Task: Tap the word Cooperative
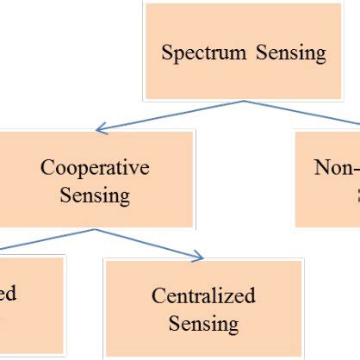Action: (x=95, y=167)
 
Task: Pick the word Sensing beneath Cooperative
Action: (x=95, y=196)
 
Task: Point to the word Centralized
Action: (x=203, y=295)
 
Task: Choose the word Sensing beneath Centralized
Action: (x=203, y=324)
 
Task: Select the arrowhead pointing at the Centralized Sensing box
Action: (x=199, y=256)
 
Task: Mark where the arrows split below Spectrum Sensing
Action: (x=245, y=101)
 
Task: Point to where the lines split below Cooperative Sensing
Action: (x=93, y=230)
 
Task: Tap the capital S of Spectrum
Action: (x=167, y=53)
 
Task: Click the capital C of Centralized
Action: (x=158, y=295)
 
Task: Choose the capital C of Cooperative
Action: (x=47, y=167)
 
